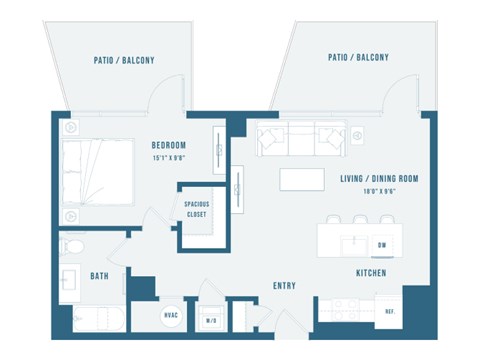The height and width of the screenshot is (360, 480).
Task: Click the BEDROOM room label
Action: pyautogui.click(x=169, y=143)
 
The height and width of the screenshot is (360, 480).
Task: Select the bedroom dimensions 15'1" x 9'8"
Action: pyautogui.click(x=169, y=156)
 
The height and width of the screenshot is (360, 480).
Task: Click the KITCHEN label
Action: pyautogui.click(x=371, y=273)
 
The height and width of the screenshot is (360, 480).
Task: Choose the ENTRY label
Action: pyautogui.click(x=284, y=286)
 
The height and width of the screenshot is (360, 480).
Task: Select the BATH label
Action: pyautogui.click(x=99, y=276)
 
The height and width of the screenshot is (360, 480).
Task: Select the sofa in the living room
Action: pyautogui.click(x=300, y=139)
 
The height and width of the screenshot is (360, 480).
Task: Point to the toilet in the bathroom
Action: pyautogui.click(x=74, y=246)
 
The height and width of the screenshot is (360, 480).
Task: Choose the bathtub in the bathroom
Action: pyautogui.click(x=98, y=321)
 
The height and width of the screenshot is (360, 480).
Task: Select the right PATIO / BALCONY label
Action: pyautogui.click(x=358, y=58)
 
